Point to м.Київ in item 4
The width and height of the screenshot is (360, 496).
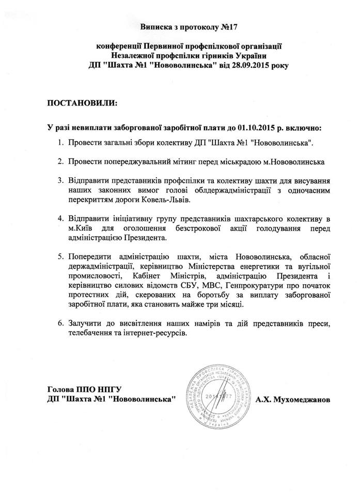coord(80,228)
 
